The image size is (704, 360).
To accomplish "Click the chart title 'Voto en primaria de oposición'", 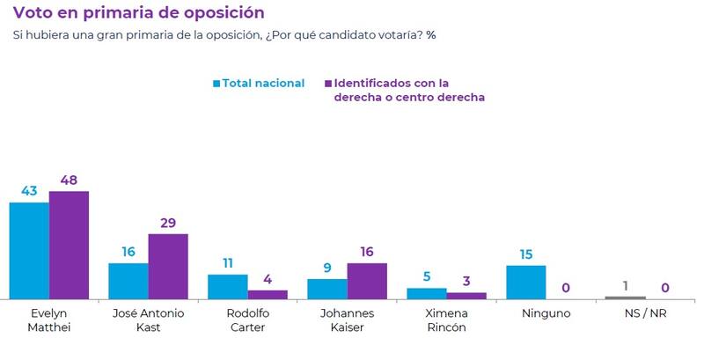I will click(x=138, y=13).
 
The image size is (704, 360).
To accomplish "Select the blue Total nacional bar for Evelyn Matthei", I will click(x=29, y=251).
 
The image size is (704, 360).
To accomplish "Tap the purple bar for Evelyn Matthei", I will click(x=69, y=246).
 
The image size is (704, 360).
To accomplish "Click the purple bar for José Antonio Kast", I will click(x=168, y=267).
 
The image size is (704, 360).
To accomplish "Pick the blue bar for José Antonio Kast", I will click(x=128, y=281).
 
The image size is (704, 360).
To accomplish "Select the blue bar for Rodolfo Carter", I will click(x=228, y=287).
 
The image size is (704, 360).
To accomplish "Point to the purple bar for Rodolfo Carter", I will click(x=268, y=295).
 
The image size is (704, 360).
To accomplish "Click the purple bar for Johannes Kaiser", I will click(x=367, y=281).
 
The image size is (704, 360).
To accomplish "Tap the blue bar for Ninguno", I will click(x=526, y=283).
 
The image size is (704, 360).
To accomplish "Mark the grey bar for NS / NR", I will click(x=625, y=298).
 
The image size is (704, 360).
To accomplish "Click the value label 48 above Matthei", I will click(x=69, y=180).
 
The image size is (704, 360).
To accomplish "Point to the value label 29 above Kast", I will click(x=168, y=224).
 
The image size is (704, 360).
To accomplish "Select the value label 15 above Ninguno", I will click(x=526, y=254).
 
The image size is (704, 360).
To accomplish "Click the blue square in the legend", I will click(x=216, y=84).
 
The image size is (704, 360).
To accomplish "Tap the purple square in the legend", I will click(x=327, y=84).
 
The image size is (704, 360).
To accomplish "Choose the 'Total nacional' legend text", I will click(x=263, y=84).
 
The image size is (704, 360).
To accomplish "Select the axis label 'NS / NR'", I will click(x=645, y=313).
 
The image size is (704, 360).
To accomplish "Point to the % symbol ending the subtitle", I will click(x=431, y=35).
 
